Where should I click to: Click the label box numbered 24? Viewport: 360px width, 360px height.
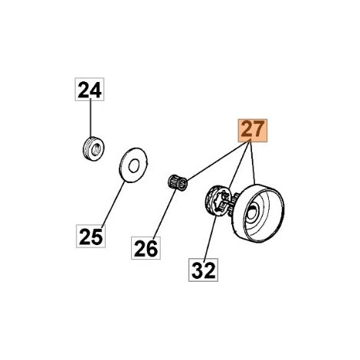tap(90, 89)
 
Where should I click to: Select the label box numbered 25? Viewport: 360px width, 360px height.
tap(90, 236)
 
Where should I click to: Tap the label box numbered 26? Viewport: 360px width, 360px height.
tap(146, 248)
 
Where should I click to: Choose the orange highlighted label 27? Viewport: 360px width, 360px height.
tap(253, 130)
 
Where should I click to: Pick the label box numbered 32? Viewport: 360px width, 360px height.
tap(203, 270)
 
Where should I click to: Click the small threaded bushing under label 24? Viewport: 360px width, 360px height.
tap(93, 149)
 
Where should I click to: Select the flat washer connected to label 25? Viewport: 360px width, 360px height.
tap(133, 165)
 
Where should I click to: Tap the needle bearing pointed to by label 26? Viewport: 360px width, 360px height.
tap(178, 182)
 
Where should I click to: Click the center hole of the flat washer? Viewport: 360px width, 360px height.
tap(133, 165)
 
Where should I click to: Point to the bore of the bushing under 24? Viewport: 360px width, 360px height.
tap(96, 149)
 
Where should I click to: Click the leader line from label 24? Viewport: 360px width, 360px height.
tap(90, 119)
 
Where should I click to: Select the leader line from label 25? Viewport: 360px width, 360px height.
tap(113, 203)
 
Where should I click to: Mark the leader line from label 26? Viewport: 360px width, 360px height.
tap(165, 214)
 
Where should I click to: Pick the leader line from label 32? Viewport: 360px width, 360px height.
tap(210, 237)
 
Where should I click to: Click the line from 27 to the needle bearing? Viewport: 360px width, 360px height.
tap(218, 161)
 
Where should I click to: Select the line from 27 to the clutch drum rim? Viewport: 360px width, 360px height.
tap(253, 163)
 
